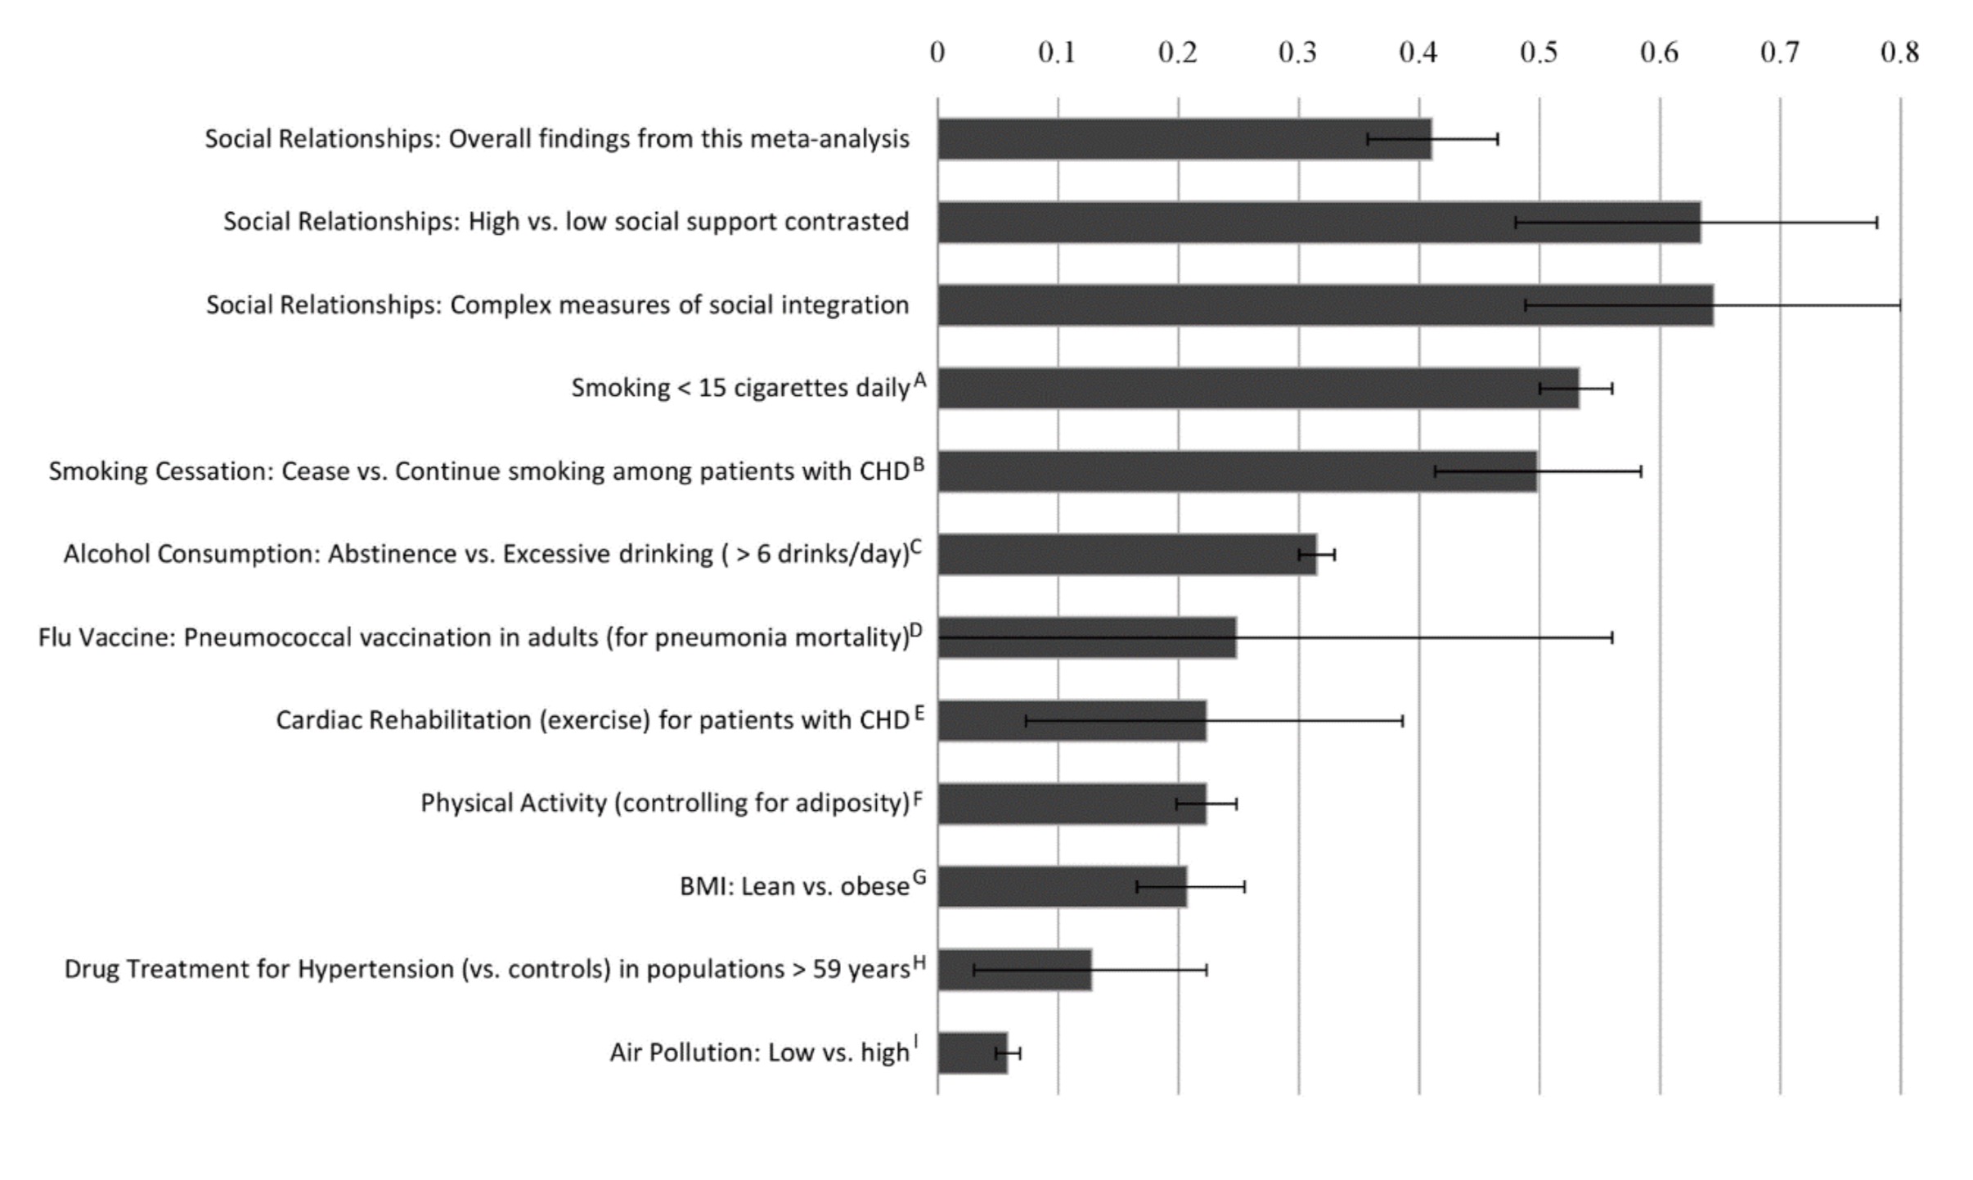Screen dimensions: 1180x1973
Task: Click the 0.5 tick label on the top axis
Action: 1538,53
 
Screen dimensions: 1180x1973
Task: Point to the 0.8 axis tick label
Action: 1899,53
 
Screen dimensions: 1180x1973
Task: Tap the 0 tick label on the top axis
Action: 937,53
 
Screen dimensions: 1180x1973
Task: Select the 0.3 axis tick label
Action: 1297,53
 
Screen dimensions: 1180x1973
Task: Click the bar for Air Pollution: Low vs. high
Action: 972,1052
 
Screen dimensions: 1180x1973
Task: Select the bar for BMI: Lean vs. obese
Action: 1062,886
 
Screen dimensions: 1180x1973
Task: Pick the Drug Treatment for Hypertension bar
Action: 1014,970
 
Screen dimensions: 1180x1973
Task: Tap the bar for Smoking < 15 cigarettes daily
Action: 1258,388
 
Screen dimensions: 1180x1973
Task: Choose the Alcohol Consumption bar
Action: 1126,554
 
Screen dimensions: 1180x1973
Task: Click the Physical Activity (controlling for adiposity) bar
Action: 1072,804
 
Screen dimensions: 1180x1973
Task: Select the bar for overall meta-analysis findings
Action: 1184,139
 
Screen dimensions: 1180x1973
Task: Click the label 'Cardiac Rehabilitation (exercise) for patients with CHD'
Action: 592,720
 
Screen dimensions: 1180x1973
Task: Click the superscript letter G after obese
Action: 919,878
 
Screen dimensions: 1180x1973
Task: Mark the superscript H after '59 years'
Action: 919,962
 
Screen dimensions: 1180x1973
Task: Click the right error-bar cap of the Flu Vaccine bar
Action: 1612,637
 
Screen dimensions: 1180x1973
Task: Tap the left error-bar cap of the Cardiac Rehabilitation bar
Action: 1027,721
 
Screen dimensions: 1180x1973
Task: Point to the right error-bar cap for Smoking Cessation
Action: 1641,471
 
